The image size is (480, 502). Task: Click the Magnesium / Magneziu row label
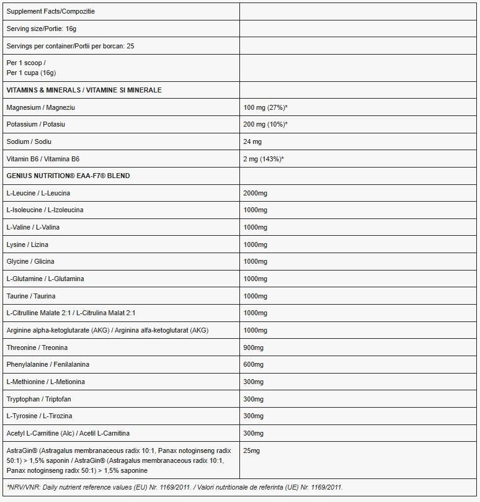40,107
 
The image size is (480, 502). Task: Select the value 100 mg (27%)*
265,107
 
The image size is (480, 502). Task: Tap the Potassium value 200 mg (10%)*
265,125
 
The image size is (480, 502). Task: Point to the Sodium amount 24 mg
252,142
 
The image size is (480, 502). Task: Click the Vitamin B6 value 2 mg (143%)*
264,159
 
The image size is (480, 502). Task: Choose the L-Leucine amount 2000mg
255,193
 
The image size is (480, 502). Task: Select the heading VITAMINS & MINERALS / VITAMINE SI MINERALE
84,90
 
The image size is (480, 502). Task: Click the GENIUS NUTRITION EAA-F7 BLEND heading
68,176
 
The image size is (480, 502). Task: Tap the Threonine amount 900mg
253,347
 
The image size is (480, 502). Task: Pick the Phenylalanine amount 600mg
253,364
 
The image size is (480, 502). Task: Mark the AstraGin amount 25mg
252,450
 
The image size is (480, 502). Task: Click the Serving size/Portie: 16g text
42,29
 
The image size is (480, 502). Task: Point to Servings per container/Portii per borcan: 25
70,47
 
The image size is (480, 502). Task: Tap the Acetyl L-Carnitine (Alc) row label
68,433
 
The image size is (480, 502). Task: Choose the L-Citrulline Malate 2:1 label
71,313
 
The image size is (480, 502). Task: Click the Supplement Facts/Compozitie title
51,12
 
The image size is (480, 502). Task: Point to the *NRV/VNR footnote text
174,487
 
